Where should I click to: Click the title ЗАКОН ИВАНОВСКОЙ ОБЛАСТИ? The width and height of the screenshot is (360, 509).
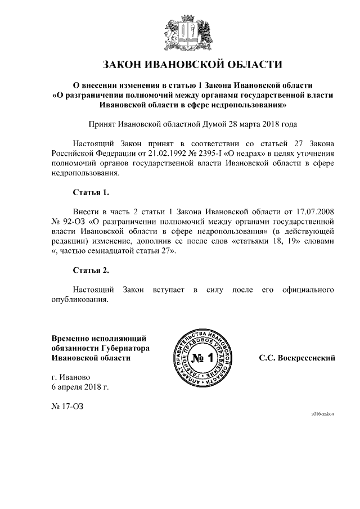180,64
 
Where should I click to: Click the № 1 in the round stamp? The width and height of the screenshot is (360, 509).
203,358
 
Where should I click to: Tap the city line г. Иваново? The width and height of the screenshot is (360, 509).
70,377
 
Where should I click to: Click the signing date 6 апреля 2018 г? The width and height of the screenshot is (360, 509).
80,387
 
